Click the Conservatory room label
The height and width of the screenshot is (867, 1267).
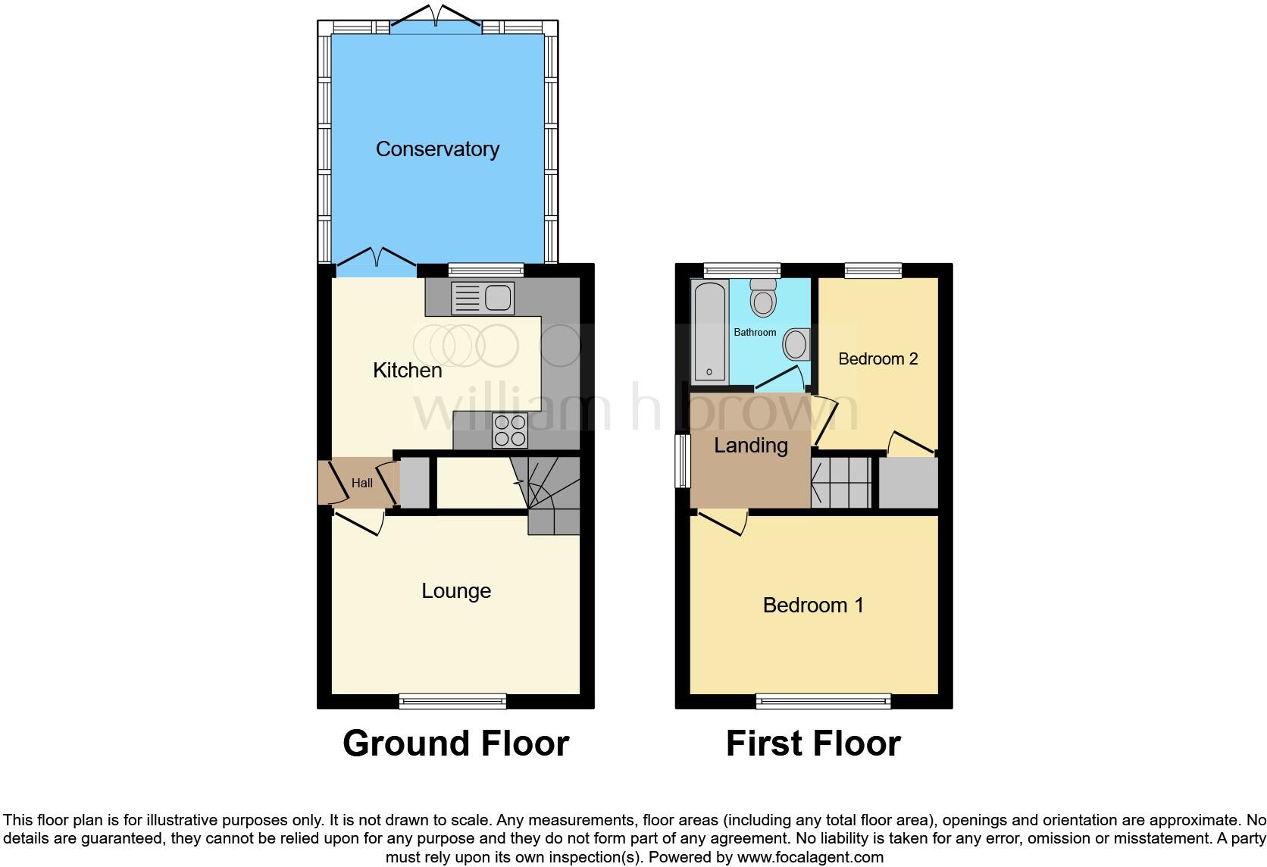pos(437,149)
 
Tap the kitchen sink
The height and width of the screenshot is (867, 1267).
pos(483,297)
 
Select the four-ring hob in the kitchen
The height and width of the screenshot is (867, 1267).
pos(510,430)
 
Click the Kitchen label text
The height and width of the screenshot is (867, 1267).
pos(407,370)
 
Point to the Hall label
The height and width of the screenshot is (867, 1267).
pos(361,483)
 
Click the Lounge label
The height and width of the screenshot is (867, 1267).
pos(456,591)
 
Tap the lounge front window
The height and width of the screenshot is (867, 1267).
pos(452,701)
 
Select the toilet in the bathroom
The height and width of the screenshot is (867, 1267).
pos(763,298)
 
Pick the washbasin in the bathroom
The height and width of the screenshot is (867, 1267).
pos(796,345)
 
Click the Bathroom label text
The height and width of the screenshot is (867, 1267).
pos(755,332)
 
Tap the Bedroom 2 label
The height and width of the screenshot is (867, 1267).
pos(878,358)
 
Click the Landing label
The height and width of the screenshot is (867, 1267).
pos(750,446)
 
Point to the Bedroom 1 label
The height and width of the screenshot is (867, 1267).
pos(812,605)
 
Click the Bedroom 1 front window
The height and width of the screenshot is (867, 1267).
pos(823,701)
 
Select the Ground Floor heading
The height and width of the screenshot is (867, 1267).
pos(455,743)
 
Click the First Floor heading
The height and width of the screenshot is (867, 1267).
pos(813,743)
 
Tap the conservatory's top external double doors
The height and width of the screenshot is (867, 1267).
pos(436,19)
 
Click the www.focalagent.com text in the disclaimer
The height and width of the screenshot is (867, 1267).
pos(810,858)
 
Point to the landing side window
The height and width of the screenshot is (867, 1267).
pos(683,460)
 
